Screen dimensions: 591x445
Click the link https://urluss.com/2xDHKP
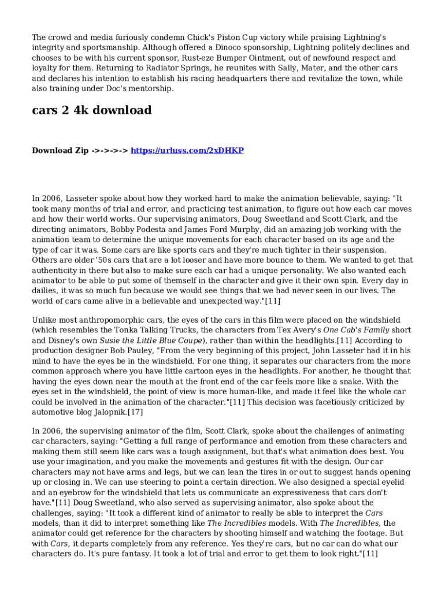pyautogui.click(x=187, y=151)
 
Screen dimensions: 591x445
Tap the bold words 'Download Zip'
pyautogui.click(x=60, y=151)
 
